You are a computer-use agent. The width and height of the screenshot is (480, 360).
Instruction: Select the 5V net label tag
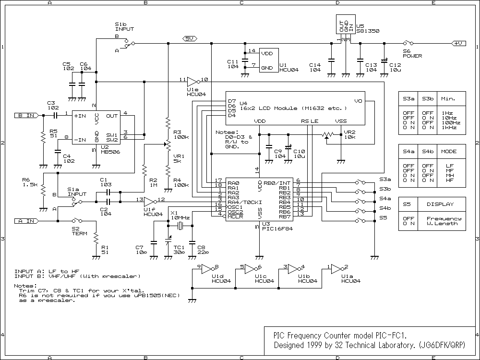(189, 38)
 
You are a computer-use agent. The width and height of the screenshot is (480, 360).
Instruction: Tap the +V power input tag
(458, 43)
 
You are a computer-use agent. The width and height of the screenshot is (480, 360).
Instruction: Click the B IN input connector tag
(26, 115)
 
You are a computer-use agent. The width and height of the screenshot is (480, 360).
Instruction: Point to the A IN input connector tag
(26, 221)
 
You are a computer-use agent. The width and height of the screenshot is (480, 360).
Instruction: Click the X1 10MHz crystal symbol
(181, 226)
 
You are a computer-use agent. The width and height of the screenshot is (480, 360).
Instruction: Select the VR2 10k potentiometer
(327, 135)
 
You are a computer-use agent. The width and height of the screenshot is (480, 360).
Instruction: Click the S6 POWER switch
(408, 43)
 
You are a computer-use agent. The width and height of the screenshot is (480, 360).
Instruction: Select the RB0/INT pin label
(277, 183)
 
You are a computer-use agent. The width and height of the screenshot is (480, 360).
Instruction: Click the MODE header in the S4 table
(449, 151)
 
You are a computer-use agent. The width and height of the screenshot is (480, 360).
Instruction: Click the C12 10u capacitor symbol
(384, 61)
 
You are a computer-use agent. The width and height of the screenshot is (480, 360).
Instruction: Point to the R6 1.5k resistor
(42, 191)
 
